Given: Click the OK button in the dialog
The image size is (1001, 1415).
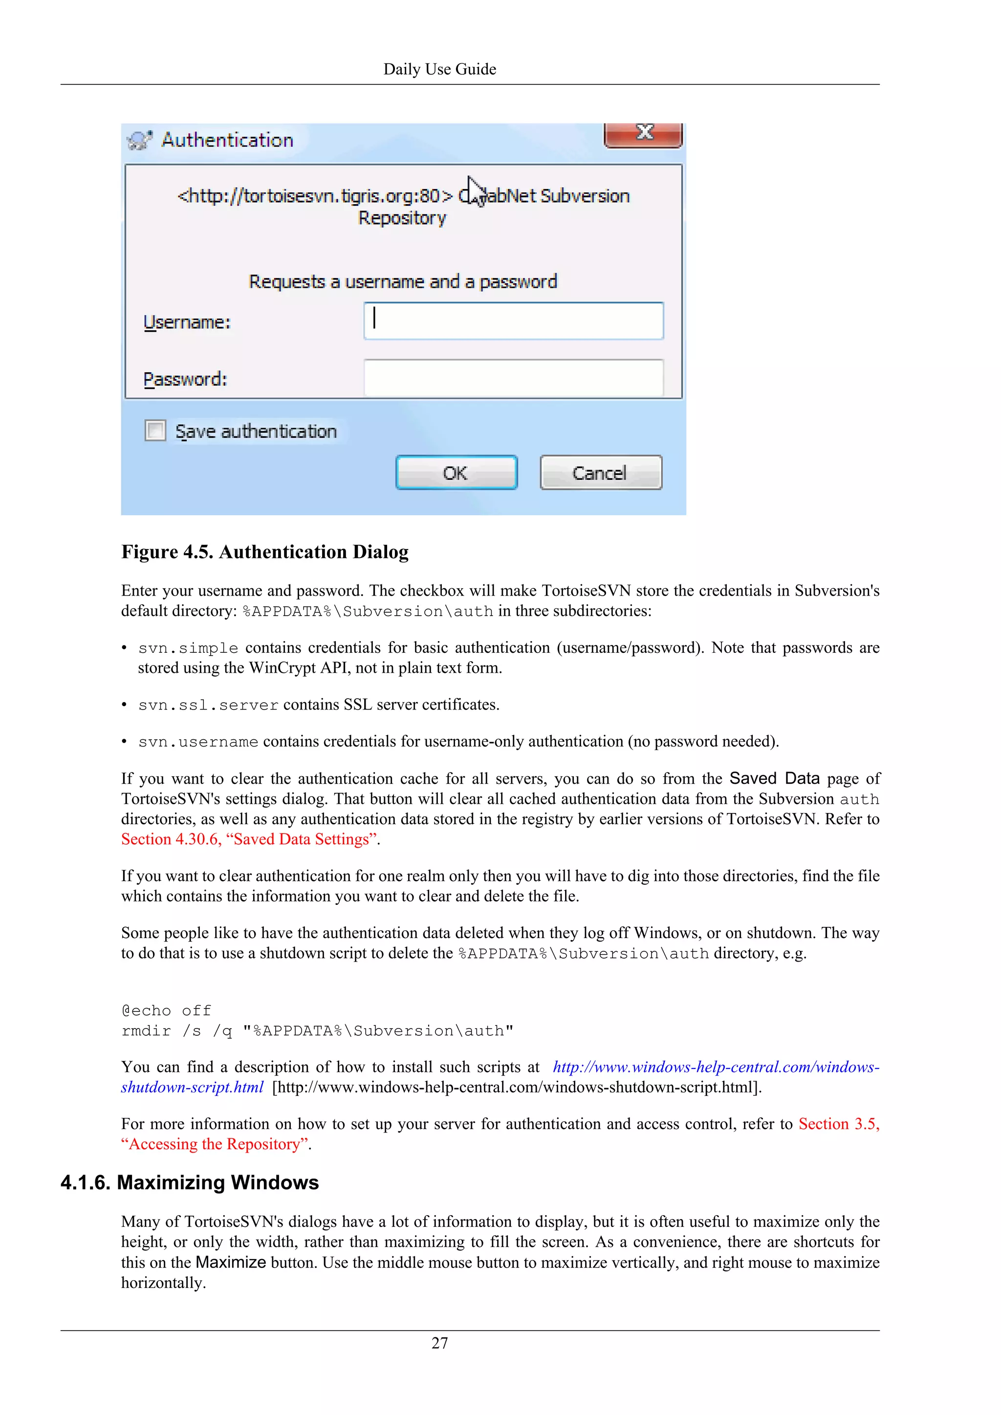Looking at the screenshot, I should coord(456,472).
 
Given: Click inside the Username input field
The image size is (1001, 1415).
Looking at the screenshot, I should coord(513,321).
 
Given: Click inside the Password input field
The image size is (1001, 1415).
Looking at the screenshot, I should coord(513,378).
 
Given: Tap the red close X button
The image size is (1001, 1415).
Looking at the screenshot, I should coord(644,133).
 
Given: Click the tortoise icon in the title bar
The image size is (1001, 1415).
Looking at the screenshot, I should coord(139,141).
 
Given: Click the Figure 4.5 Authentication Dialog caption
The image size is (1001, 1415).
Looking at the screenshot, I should coord(264,552).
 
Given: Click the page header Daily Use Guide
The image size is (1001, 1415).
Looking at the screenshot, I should coord(439,69).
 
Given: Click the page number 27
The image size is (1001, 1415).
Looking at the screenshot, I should coord(439,1343).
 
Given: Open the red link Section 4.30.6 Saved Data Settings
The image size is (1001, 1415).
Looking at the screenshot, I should coord(250,839).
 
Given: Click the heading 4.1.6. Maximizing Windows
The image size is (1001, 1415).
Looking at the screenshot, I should coord(189,1182).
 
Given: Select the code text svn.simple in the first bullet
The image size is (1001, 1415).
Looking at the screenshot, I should coord(188,648).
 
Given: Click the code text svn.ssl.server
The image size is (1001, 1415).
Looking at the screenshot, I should coord(208,705).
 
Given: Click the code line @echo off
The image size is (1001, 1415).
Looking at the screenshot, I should coord(166,1011).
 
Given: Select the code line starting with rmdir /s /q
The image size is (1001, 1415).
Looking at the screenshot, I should coord(317,1031).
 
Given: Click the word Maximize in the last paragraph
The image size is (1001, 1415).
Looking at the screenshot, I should coord(231,1262).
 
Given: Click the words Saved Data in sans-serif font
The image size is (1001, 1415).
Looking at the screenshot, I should coord(774,778).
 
